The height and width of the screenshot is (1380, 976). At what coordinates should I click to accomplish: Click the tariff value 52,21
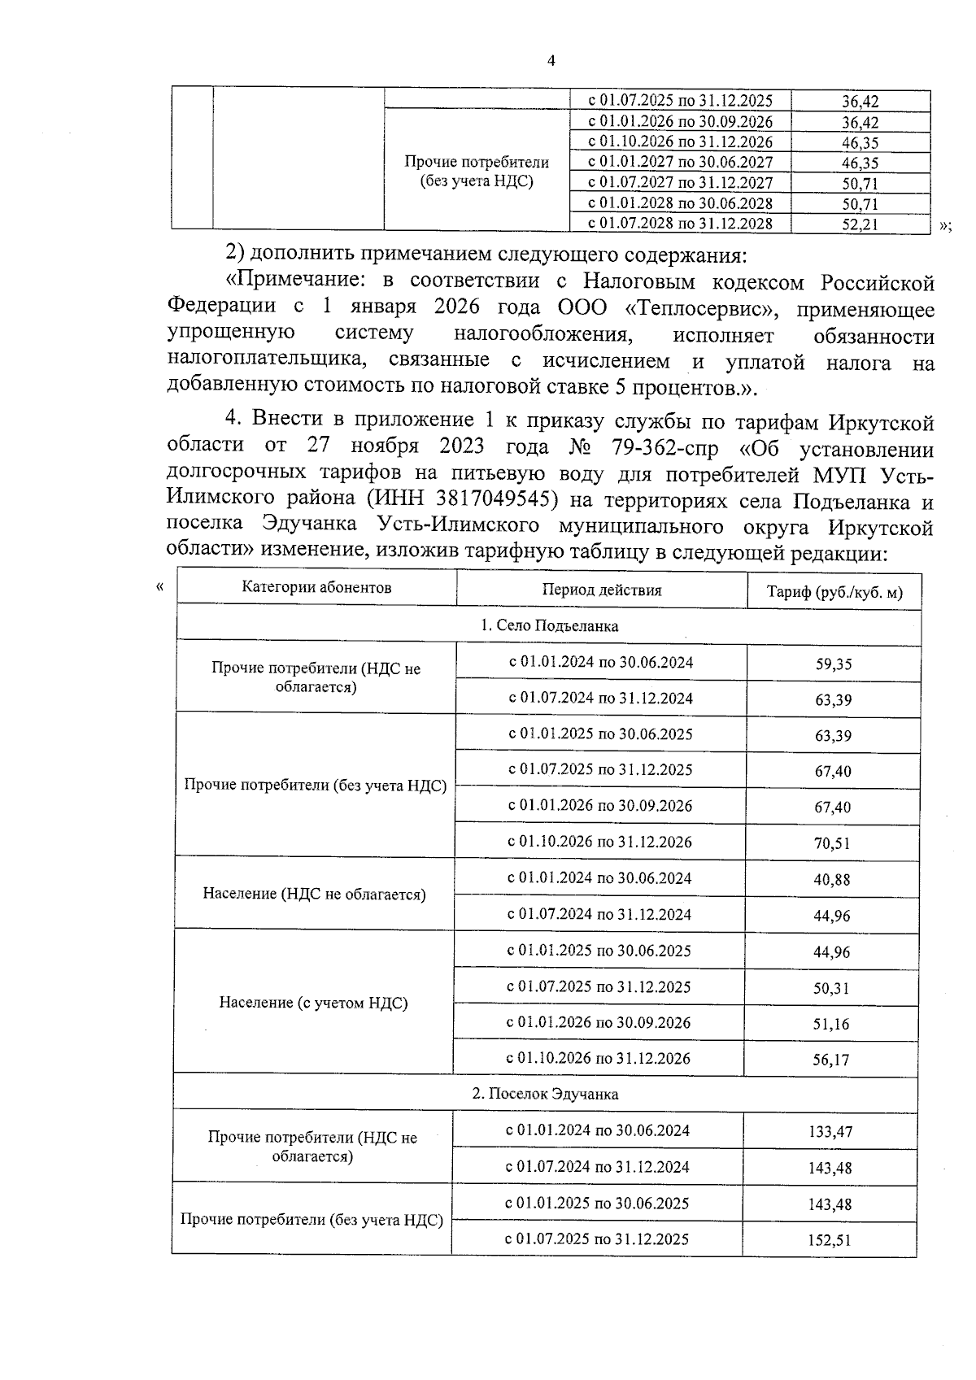pos(860,224)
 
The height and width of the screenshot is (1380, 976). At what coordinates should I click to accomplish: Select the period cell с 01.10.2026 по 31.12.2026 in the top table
pos(680,142)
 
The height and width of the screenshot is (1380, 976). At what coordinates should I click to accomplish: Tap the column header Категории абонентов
pos(316,587)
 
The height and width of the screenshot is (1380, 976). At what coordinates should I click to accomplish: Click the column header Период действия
pos(601,590)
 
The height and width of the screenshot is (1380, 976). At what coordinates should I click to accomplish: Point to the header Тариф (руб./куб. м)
pos(834,592)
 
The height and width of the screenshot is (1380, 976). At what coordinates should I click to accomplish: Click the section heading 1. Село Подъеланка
pos(549,625)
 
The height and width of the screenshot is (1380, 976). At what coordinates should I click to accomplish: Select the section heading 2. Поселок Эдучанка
pos(545,1094)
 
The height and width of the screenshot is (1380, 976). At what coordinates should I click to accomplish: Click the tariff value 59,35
pos(834,664)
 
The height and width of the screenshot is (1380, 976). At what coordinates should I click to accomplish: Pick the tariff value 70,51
pos(832,843)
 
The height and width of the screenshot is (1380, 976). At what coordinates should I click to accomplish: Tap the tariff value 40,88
pos(832,879)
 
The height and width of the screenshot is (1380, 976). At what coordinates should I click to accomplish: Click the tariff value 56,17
pos(831,1060)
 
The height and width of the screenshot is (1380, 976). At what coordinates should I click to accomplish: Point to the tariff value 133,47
pos(830,1131)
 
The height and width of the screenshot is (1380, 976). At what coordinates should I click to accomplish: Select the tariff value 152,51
pos(830,1241)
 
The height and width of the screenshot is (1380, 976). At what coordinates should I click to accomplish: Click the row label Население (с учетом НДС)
pos(313,1003)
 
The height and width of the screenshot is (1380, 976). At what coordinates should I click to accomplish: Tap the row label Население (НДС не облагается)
pos(314,895)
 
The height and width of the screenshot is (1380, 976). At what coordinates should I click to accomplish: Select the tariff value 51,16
pos(831,1024)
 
